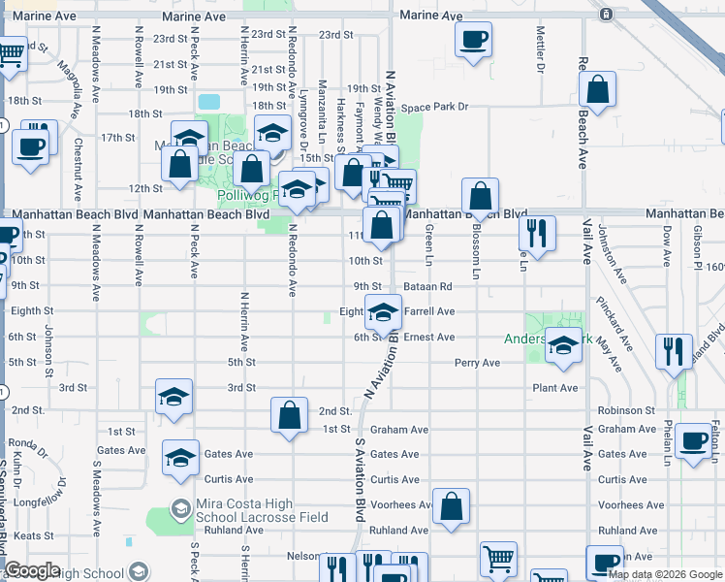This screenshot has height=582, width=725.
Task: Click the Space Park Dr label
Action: [435, 107]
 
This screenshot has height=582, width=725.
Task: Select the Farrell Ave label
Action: [429, 311]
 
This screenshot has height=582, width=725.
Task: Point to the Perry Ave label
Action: [477, 363]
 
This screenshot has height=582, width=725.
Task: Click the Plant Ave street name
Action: [554, 388]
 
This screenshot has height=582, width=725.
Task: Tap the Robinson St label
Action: [626, 410]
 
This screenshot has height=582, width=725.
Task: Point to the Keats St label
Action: [34, 535]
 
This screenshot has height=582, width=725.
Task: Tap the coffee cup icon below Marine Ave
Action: [473, 40]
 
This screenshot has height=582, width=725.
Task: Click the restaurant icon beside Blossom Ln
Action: [536, 233]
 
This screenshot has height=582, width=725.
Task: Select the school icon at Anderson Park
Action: [562, 345]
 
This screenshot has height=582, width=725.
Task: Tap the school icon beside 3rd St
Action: [174, 397]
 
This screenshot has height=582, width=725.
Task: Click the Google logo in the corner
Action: [33, 571]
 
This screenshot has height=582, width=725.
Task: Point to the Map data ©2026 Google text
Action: [666, 574]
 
